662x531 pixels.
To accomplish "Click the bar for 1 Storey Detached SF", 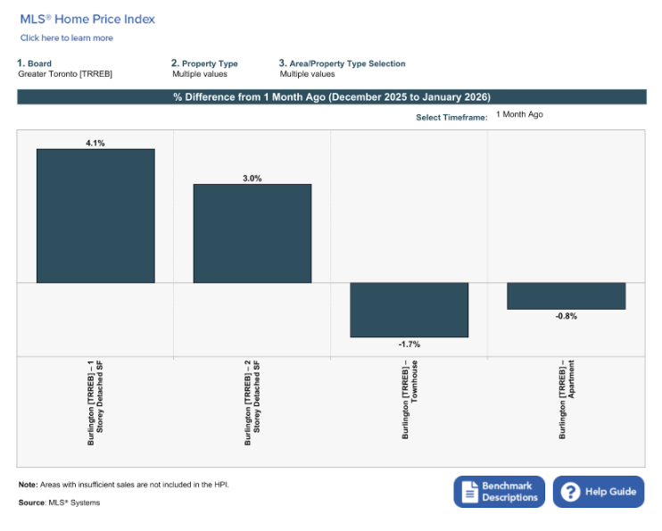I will tap(95, 216).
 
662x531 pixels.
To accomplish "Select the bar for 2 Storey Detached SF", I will tap(252, 234).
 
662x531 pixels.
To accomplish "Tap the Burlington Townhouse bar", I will tap(409, 310).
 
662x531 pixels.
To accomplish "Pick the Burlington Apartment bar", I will tap(566, 296).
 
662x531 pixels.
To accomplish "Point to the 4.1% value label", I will tap(95, 143).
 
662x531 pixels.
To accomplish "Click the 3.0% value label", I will tap(252, 178).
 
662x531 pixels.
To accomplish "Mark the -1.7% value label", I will tap(410, 344).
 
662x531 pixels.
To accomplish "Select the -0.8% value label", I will tap(567, 316).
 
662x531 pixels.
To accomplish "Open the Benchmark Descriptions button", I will tap(499, 492).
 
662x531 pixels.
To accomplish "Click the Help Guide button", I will tap(599, 492).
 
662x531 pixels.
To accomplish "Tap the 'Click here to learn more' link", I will tap(67, 38).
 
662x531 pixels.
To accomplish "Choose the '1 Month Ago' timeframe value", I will tap(519, 114).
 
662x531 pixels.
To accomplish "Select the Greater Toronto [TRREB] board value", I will tap(65, 74).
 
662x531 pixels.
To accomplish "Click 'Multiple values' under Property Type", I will tap(200, 74).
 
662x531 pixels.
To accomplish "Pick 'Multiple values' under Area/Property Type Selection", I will tap(307, 74).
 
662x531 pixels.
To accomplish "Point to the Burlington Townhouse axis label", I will tap(410, 400).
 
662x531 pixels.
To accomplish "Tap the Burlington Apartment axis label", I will tap(567, 399).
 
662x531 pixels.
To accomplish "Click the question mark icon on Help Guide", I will tap(570, 492).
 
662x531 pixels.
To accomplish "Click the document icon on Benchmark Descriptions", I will tap(469, 492).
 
